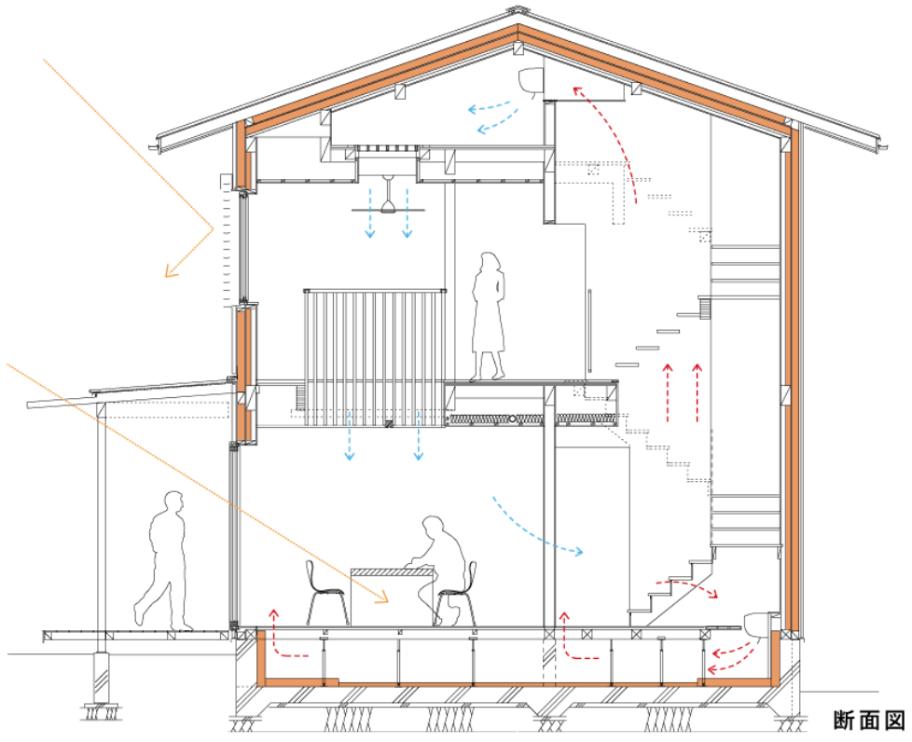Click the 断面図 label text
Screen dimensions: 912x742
[869, 720]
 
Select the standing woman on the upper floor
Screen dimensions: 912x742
[490, 318]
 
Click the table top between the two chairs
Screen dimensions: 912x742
[393, 572]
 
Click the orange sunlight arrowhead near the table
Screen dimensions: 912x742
[383, 598]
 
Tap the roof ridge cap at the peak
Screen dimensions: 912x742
[517, 11]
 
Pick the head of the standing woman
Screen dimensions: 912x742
[490, 262]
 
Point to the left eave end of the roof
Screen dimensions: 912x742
[161, 144]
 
